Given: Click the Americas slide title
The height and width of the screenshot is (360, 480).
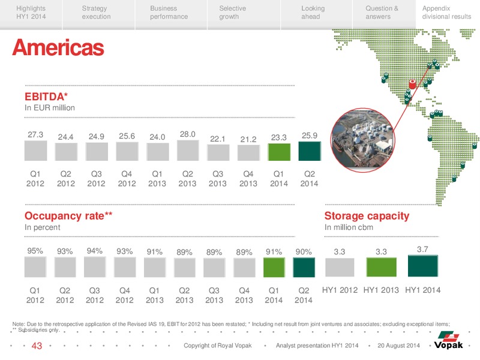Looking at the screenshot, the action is point(58,47).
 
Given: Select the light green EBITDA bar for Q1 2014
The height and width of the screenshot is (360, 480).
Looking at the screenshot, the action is point(279,152).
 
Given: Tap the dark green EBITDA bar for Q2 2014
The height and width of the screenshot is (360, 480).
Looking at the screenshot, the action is point(310,151).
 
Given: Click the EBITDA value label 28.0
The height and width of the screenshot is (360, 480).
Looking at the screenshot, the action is point(187,134).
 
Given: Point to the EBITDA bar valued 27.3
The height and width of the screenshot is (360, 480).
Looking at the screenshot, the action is point(35,151).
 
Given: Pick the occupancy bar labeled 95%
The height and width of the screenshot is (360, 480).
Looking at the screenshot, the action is point(35,267).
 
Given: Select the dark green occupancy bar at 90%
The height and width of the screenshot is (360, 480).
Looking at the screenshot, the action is point(304,268).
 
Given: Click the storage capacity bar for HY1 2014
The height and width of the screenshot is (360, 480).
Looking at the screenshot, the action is point(423,266).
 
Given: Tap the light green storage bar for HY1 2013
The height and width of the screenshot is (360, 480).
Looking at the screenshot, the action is point(382,267).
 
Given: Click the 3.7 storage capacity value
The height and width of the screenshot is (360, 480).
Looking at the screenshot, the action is point(422,249).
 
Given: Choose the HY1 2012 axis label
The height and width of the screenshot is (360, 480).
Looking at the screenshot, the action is point(340,290).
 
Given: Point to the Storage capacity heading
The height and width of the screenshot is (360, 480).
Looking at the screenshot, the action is point(367,216).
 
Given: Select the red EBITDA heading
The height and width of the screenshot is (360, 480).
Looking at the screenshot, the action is point(46,97).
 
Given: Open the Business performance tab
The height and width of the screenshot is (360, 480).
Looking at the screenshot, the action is point(169,13).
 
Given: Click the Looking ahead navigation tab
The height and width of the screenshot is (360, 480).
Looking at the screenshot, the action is point(313,13).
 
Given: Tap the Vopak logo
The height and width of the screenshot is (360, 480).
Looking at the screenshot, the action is point(448,340).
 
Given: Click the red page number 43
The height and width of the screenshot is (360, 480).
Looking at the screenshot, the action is point(37,346).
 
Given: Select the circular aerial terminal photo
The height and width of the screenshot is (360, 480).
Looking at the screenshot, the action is point(363,140).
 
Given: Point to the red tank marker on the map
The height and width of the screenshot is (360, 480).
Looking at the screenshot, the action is point(412,84).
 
